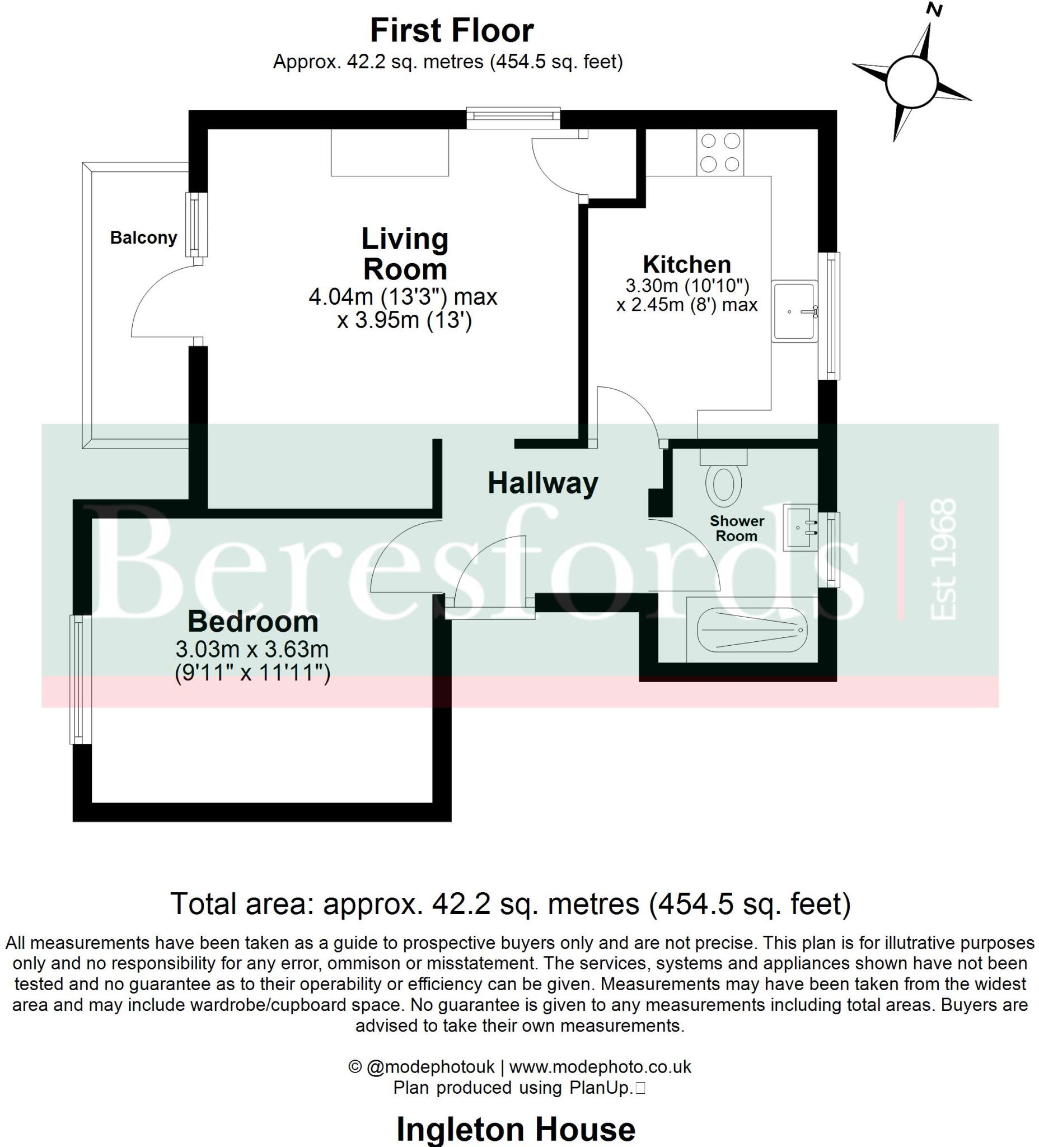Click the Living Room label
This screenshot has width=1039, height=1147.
(x=405, y=254)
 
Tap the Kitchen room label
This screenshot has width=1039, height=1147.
(x=686, y=264)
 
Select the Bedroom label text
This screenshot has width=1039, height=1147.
(x=252, y=622)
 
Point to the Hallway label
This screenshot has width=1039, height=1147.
(x=542, y=483)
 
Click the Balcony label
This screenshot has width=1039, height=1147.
(x=143, y=237)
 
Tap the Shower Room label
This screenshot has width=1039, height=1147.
(x=736, y=528)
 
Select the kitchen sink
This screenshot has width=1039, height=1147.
(x=794, y=311)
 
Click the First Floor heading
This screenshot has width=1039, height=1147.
(x=452, y=31)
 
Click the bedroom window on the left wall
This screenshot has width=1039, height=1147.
(x=80, y=679)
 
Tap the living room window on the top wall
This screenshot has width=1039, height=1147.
(x=513, y=117)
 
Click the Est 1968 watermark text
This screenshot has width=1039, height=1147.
(x=942, y=559)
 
